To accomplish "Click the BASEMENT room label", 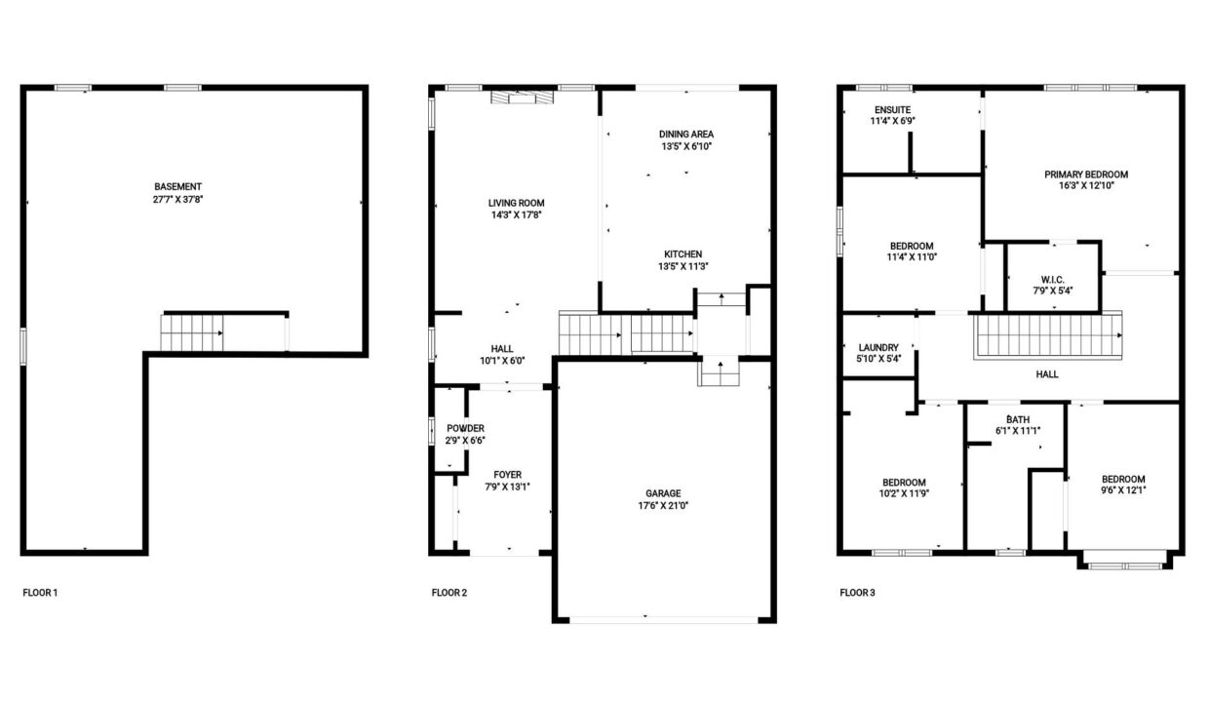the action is (178, 186).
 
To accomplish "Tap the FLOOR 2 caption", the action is (449, 593).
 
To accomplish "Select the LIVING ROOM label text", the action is (516, 203).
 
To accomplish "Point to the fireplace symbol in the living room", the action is (522, 97).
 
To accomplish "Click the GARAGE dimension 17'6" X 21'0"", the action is (663, 506).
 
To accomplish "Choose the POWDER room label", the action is (465, 428).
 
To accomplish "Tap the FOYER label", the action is (507, 475).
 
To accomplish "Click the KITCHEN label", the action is (682, 254).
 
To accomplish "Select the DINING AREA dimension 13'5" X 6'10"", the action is (686, 146).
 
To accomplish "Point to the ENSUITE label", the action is (893, 110).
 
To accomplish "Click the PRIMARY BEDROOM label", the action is (1086, 175).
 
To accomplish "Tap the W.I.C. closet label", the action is (1052, 280).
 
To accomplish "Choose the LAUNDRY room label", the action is (878, 347).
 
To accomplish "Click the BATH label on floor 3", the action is (1018, 419).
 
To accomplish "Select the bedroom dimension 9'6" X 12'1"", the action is (1124, 490).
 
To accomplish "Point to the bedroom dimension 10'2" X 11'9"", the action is (904, 493).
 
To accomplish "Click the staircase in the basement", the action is (192, 332).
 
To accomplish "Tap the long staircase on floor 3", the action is (1048, 335).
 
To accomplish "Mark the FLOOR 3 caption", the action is (857, 593).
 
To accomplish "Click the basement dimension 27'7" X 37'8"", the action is (178, 199).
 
